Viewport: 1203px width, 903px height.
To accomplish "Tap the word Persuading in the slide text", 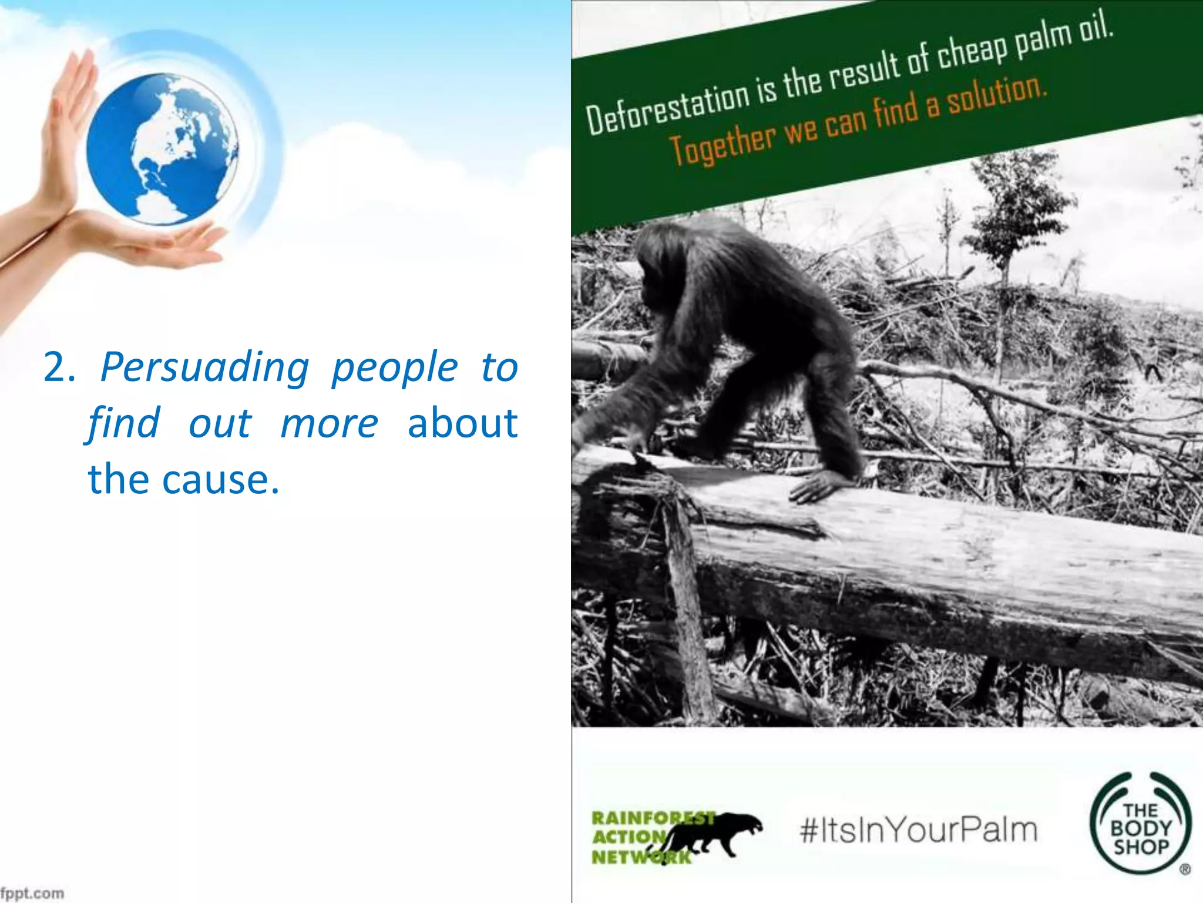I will tap(204, 368).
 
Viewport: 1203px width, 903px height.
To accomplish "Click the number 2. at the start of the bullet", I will tap(59, 368).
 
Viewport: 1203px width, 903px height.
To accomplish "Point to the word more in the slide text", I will tap(329, 424).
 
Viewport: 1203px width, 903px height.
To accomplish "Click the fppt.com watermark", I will tap(32, 893).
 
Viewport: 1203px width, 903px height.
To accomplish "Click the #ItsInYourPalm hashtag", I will tap(918, 830).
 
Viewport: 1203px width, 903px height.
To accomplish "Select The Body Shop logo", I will tap(1140, 829).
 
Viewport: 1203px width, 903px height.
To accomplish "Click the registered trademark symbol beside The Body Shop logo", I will tap(1185, 869).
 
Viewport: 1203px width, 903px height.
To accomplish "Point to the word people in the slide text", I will tap(394, 368).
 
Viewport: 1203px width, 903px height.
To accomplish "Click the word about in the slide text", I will tap(462, 424).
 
